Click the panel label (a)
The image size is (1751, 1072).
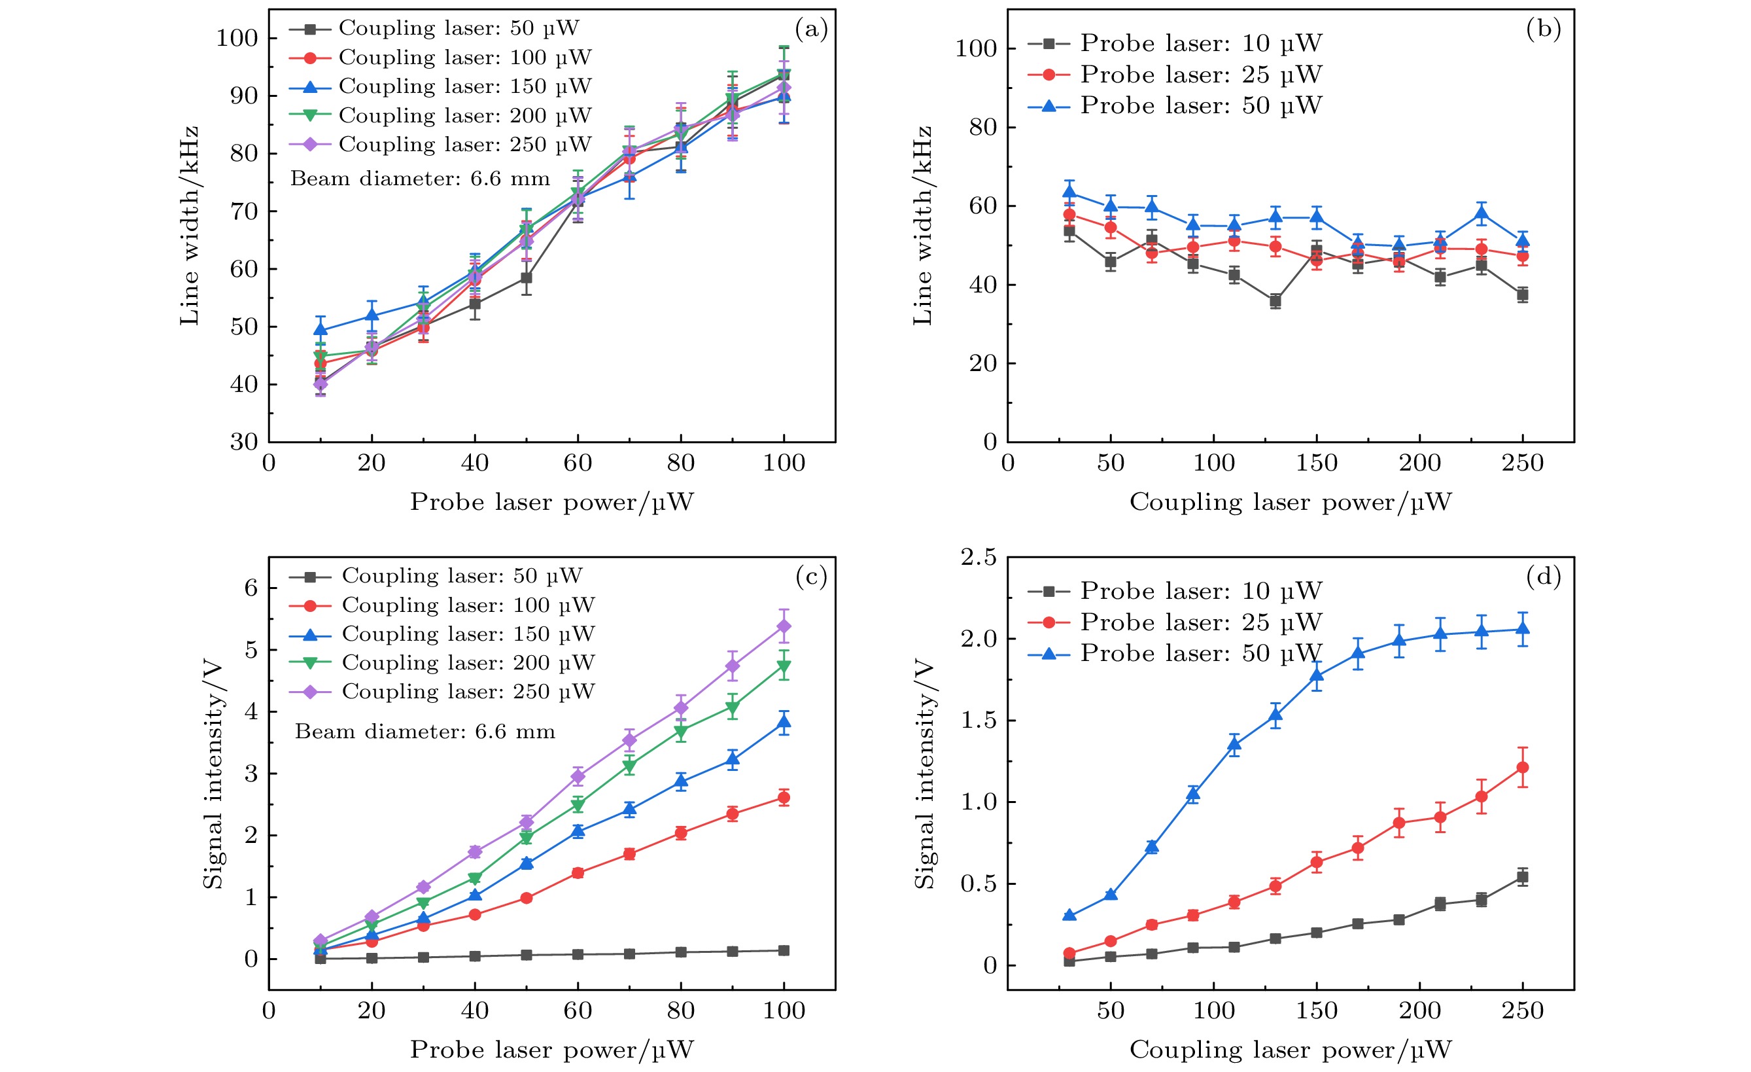(x=811, y=29)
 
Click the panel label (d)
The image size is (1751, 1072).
(x=1543, y=577)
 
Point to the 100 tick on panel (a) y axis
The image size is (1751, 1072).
(x=237, y=38)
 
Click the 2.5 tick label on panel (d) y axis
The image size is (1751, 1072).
(x=979, y=558)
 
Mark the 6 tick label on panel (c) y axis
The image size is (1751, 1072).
(x=251, y=588)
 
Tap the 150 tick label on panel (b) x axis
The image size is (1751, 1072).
(x=1316, y=463)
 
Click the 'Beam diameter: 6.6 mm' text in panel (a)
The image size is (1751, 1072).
(x=420, y=179)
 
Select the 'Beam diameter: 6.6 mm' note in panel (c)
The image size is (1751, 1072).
(x=425, y=732)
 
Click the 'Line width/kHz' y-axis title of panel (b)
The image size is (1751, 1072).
(x=922, y=225)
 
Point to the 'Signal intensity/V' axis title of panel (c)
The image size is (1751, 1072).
(x=213, y=775)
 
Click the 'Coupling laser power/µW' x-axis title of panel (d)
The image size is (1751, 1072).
(x=1290, y=1050)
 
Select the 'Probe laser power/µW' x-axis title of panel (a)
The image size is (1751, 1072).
(x=551, y=503)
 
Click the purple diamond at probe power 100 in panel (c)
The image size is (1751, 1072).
(x=784, y=626)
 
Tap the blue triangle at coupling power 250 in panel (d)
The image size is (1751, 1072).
(x=1522, y=628)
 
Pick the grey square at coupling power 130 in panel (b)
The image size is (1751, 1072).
(x=1275, y=302)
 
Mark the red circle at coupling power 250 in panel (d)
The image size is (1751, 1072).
(x=1522, y=768)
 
